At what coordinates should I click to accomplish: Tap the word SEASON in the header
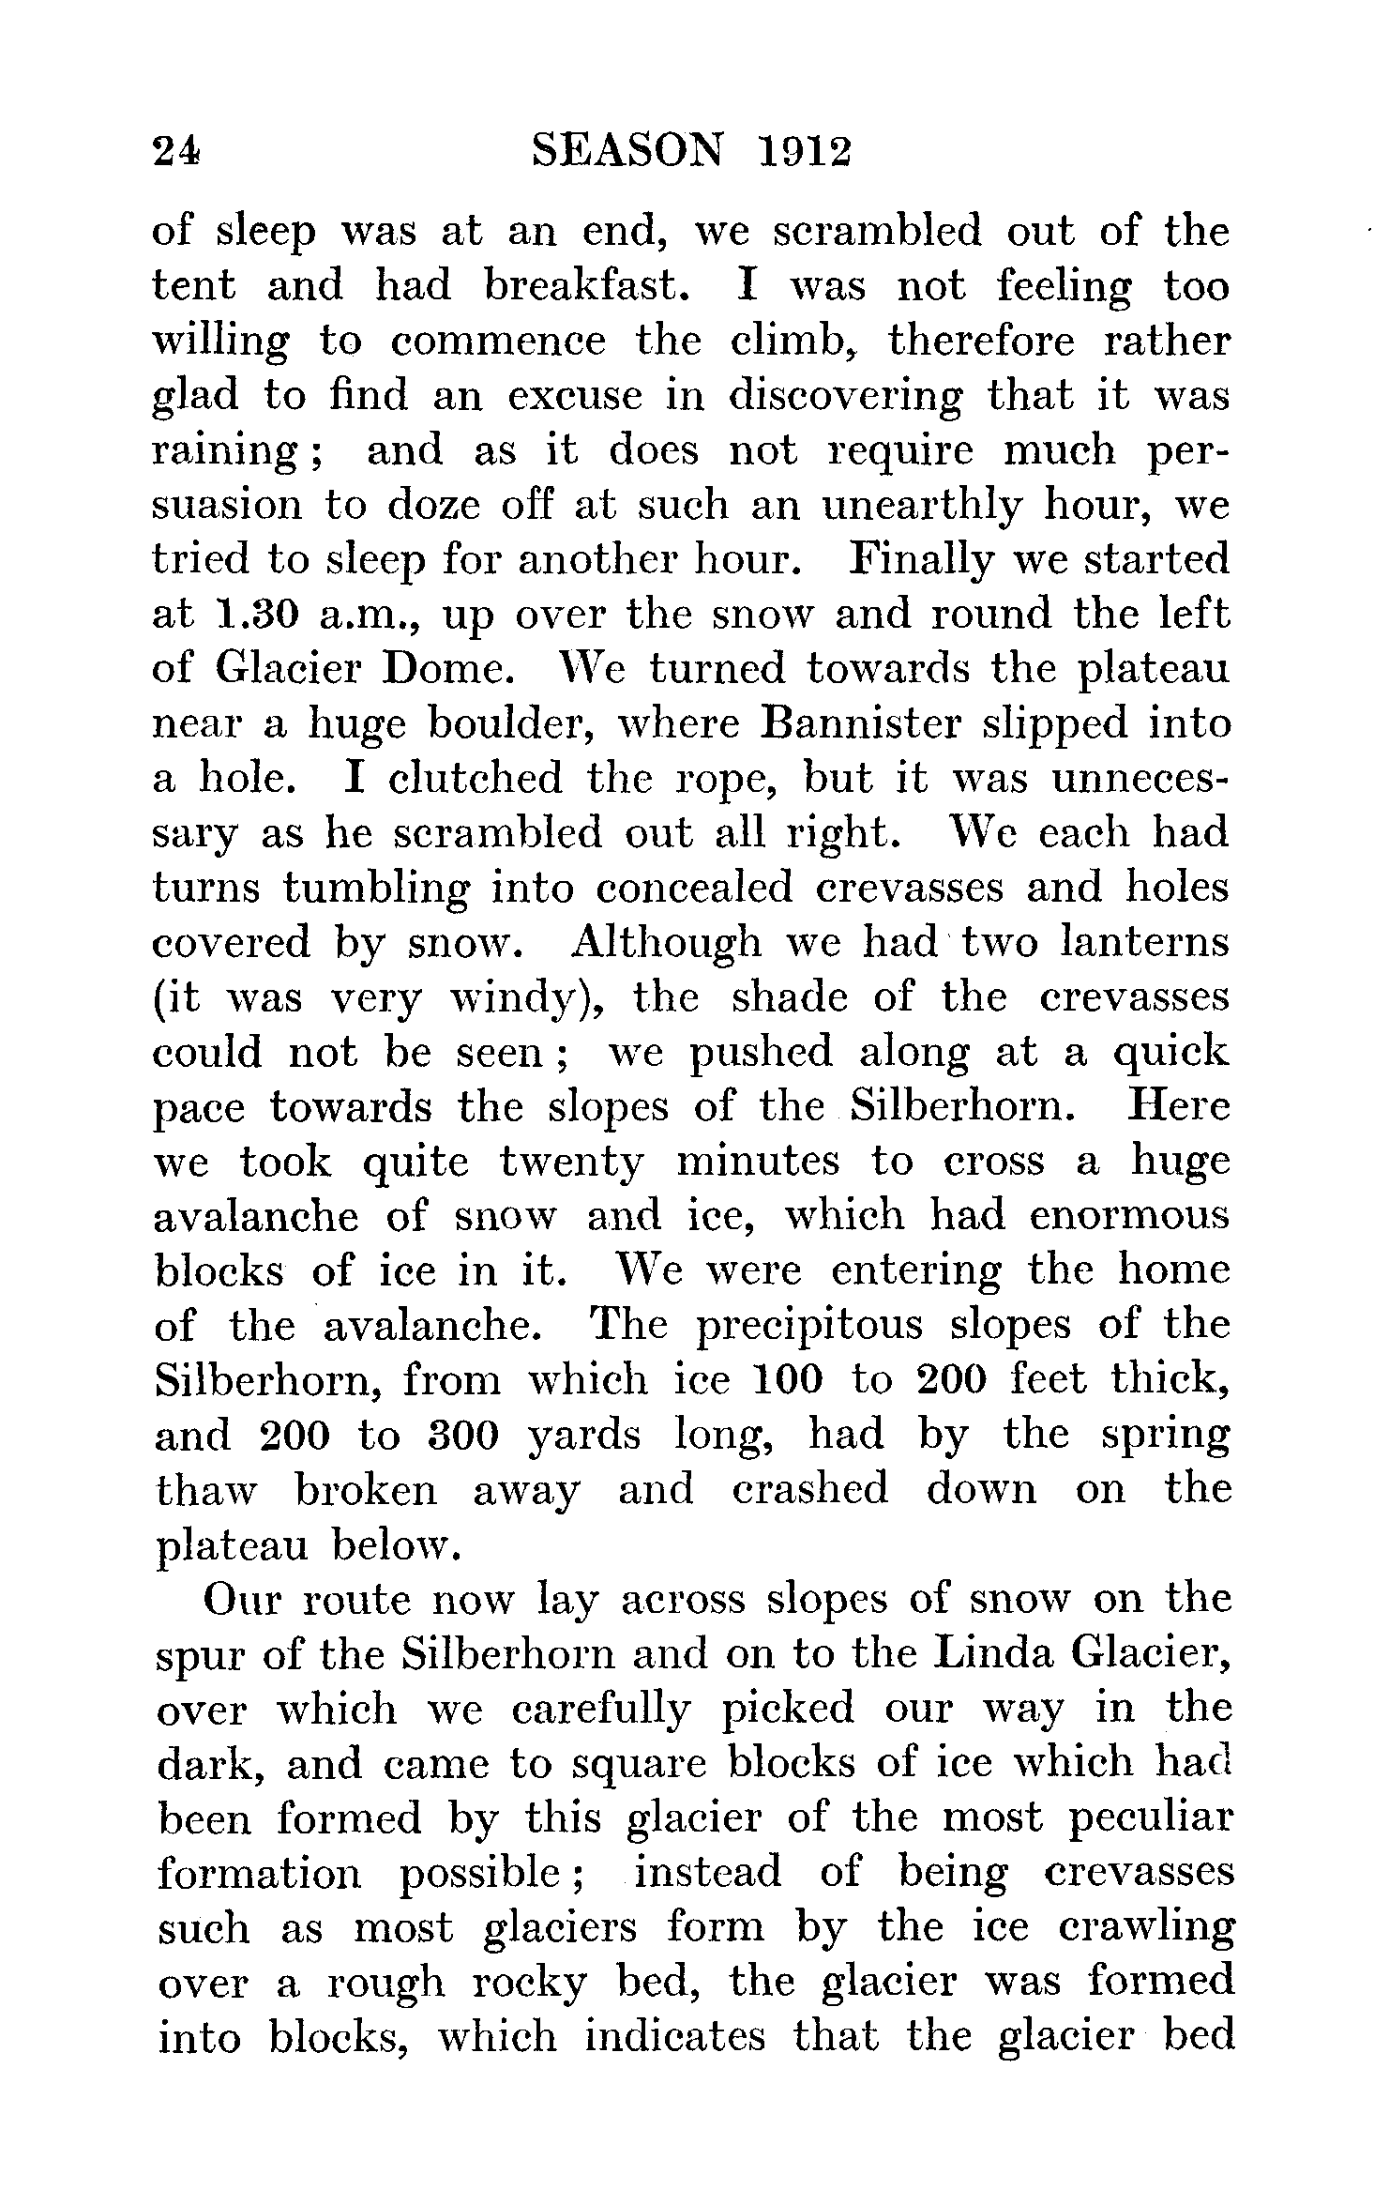[629, 149]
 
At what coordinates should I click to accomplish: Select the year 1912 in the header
[803, 149]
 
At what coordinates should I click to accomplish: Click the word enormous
[1129, 1217]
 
